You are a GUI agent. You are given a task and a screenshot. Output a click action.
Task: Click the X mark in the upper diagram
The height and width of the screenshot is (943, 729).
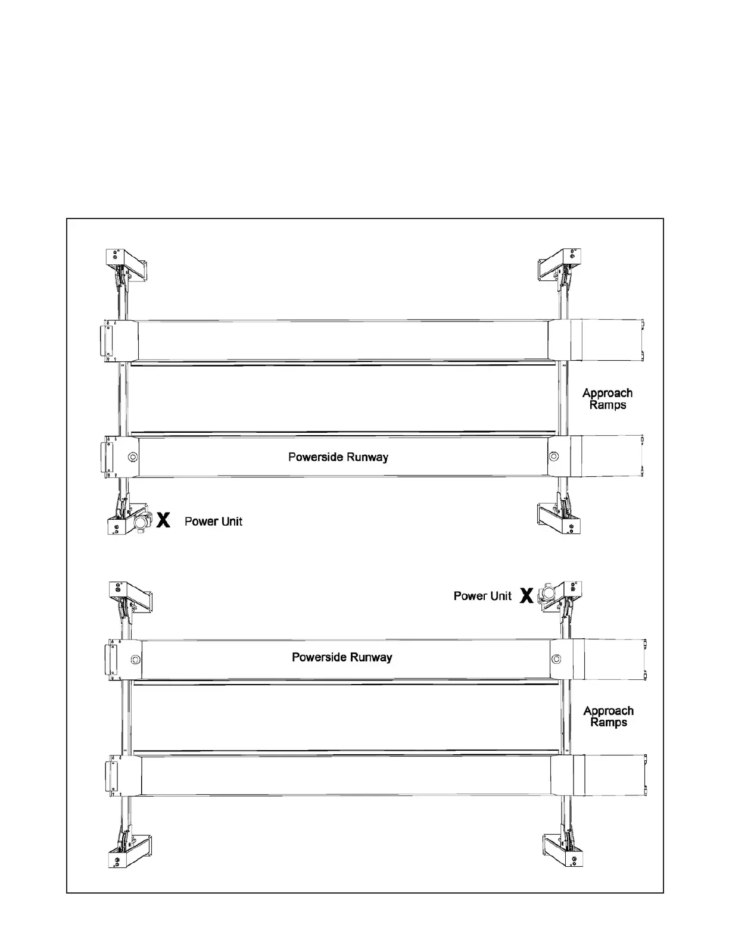(163, 520)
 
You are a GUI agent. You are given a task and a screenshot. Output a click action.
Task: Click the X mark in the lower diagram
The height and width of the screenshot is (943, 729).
(526, 595)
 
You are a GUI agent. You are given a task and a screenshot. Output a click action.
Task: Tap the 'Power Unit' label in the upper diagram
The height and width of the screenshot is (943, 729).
(213, 522)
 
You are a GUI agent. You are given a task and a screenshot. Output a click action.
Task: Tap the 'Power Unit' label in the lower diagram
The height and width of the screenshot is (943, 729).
(482, 596)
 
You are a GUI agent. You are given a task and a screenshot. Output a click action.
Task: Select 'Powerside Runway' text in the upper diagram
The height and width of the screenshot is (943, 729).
(338, 457)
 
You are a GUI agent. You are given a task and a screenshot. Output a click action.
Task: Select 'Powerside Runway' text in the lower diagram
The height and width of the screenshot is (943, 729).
(342, 657)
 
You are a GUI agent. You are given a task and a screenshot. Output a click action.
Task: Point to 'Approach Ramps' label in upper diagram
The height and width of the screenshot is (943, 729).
(607, 399)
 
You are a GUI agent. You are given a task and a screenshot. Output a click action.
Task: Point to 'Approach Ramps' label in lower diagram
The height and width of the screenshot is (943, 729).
(609, 716)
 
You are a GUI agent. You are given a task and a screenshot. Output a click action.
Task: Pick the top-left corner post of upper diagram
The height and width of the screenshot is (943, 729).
(116, 258)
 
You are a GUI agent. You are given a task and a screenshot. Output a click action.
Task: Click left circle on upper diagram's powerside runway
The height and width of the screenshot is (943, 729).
(132, 457)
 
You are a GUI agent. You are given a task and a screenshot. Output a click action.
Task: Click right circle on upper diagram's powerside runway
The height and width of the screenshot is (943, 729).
(554, 457)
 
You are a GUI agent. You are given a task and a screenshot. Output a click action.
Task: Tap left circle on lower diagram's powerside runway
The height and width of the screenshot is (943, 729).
(135, 659)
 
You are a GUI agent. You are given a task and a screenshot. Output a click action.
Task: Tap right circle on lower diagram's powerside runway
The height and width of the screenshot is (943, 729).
(556, 658)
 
